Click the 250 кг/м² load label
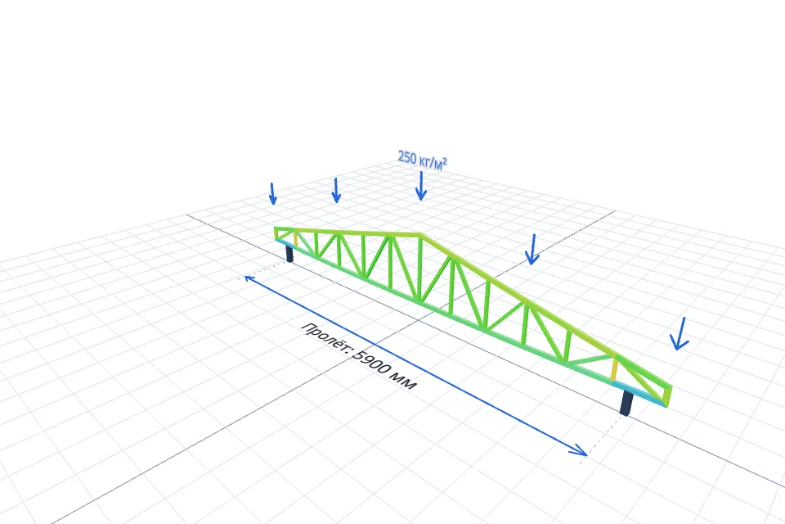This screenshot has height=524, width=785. point(422,160)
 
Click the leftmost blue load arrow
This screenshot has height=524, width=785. point(273,194)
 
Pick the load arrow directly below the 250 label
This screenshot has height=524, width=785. point(421,186)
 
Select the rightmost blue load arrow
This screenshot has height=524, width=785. point(680,333)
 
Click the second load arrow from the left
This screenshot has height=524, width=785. point(336,191)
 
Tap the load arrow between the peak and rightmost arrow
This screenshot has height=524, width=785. point(532,249)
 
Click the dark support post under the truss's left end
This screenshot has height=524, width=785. point(289,252)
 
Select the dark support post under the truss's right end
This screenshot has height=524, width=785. point(626,403)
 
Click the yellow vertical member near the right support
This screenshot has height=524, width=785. point(615,369)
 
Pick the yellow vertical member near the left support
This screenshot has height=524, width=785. point(295,239)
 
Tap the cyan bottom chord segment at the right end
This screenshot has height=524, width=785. point(639,393)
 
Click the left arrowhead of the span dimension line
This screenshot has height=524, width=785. point(249,278)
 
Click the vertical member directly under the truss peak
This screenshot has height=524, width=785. point(420,269)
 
